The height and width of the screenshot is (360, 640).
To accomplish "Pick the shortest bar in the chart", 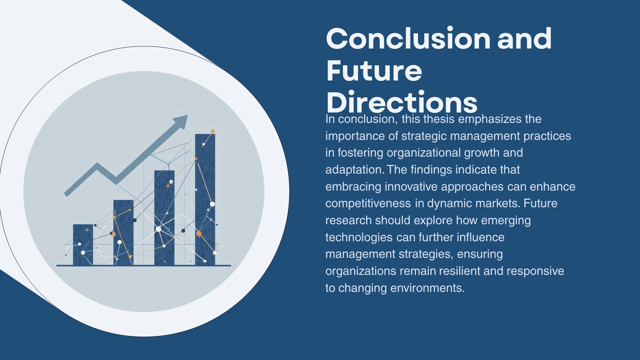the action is (83, 245).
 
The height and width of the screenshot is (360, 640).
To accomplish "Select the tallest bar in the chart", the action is (205, 199).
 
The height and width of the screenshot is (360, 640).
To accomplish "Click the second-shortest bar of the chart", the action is (123, 233).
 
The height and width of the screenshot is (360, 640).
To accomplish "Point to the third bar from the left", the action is (164, 218).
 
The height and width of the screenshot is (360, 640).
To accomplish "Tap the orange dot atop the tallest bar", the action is (213, 132).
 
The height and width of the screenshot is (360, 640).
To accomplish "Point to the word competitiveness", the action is (368, 204).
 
